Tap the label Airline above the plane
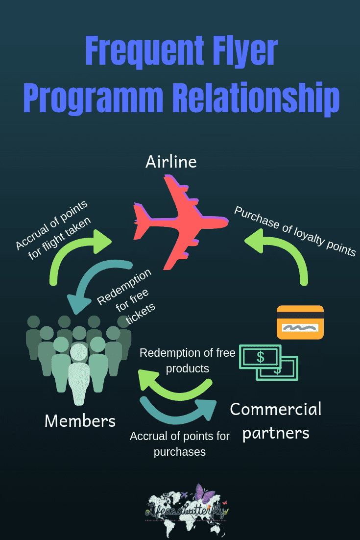pyautogui.click(x=171, y=162)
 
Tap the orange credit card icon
pyautogui.click(x=300, y=322)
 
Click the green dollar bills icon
pyautogui.click(x=268, y=362)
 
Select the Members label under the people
pyautogui.click(x=80, y=420)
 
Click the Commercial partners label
pyautogui.click(x=276, y=420)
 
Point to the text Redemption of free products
pyautogui.click(x=188, y=360)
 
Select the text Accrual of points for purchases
pyautogui.click(x=180, y=443)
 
